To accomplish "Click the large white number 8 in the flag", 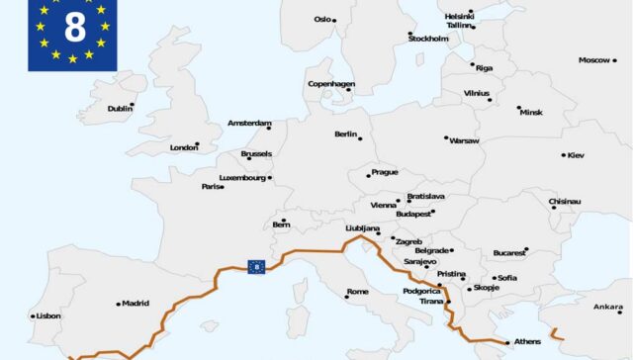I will click(x=75, y=28).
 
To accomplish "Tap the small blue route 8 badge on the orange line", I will click(x=256, y=265).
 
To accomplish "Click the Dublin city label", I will click(x=120, y=109).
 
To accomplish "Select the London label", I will click(x=184, y=147).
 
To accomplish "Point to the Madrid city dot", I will click(x=120, y=304).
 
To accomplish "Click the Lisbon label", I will click(x=48, y=316).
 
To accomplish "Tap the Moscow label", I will click(x=594, y=60).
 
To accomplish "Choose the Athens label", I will click(x=527, y=342).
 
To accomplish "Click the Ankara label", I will click(x=608, y=307).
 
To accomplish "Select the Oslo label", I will click(x=322, y=19).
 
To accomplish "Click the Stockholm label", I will click(x=428, y=39).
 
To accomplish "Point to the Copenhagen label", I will click(x=330, y=84).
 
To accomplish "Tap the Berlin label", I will click(x=345, y=135).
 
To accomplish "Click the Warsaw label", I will click(x=464, y=140).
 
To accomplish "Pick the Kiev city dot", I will click(x=564, y=154).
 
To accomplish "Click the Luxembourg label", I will click(x=241, y=178).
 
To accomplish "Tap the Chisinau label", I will click(x=565, y=202).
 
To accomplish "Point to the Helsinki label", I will click(x=459, y=16).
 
